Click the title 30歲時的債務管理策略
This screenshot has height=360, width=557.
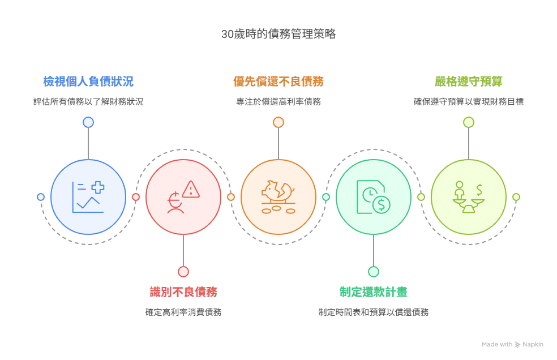point(278,35)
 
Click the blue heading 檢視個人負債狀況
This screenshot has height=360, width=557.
point(88,82)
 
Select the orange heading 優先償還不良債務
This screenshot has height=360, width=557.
point(278,82)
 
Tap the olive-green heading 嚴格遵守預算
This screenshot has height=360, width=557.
point(469,82)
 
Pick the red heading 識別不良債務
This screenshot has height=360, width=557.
point(183,292)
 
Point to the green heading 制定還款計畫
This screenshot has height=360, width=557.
point(374,292)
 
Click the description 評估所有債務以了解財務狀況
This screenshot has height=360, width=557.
point(88,102)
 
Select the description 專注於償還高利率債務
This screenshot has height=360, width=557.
point(278,102)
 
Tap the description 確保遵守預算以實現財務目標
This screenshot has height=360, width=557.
point(469,102)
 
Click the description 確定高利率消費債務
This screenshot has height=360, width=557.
point(183,312)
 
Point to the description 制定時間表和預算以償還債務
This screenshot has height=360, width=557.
point(374,312)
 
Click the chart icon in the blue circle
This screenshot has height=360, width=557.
point(88,197)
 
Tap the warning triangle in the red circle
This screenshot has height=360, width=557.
point(191,189)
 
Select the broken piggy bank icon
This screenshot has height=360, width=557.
point(278,191)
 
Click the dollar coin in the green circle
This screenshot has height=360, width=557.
point(381,204)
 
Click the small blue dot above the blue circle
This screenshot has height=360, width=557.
point(88,122)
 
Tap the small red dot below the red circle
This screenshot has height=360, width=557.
point(183,272)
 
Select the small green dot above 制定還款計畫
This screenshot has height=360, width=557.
point(374,272)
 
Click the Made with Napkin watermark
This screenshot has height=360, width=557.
point(513,344)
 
